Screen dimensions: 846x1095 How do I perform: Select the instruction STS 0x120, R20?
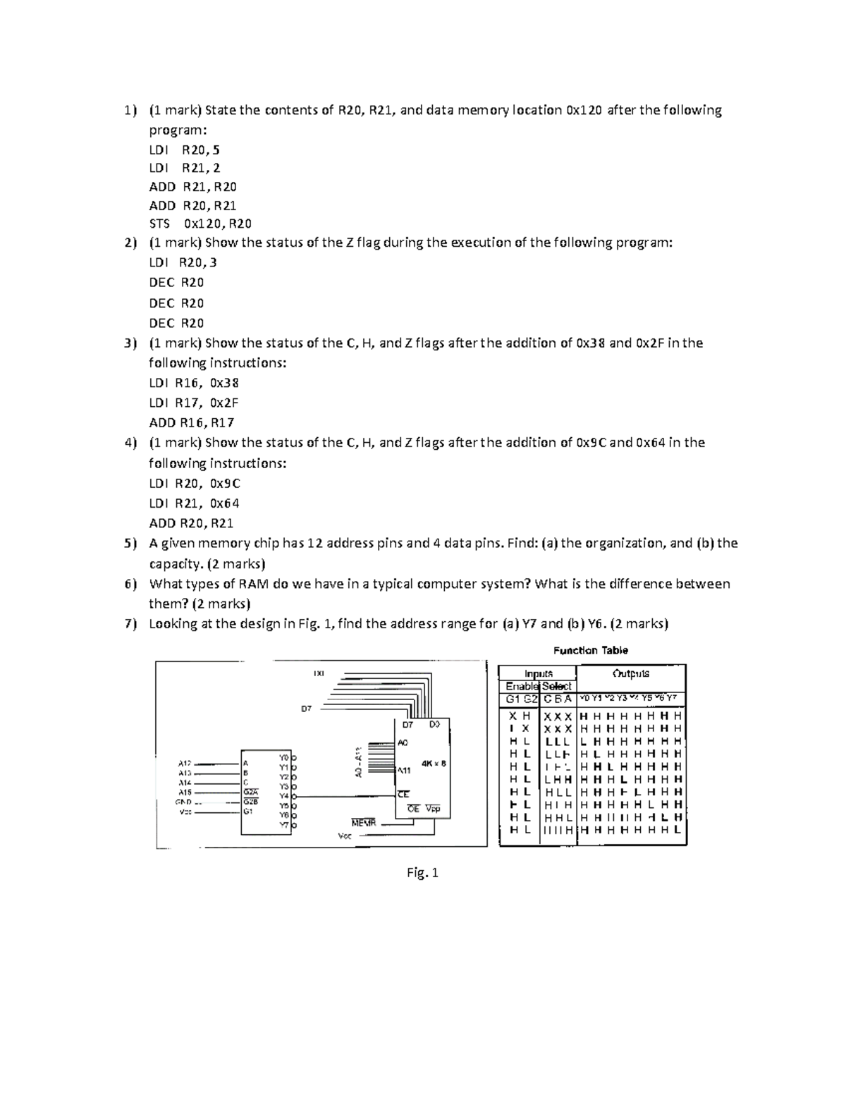coord(200,224)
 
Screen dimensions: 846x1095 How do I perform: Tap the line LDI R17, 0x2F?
coord(194,403)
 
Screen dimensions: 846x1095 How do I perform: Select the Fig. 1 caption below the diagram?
coord(422,874)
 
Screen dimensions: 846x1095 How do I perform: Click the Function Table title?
coord(591,651)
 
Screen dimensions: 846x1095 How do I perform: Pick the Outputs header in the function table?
coord(631,673)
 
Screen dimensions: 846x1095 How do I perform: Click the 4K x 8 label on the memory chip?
coord(433,763)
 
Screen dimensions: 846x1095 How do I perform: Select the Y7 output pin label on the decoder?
coord(283,824)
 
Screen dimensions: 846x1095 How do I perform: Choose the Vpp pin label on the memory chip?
coord(433,809)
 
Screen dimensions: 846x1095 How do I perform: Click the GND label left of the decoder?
coord(185,802)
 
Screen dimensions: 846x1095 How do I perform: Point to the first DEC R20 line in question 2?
coord(176,283)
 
